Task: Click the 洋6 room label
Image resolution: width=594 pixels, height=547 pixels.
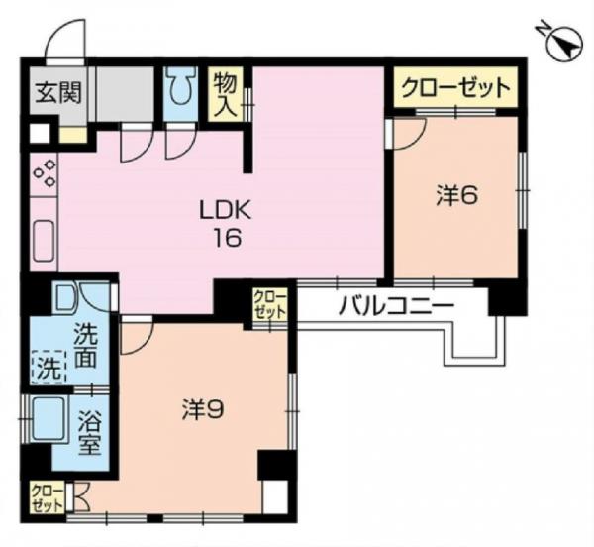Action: click(x=457, y=195)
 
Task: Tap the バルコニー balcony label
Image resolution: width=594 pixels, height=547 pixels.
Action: click(x=395, y=305)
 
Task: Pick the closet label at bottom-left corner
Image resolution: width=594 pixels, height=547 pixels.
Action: click(x=46, y=495)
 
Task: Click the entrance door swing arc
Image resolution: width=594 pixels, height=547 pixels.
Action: click(x=61, y=43)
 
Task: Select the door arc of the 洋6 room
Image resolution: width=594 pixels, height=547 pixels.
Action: click(x=409, y=135)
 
